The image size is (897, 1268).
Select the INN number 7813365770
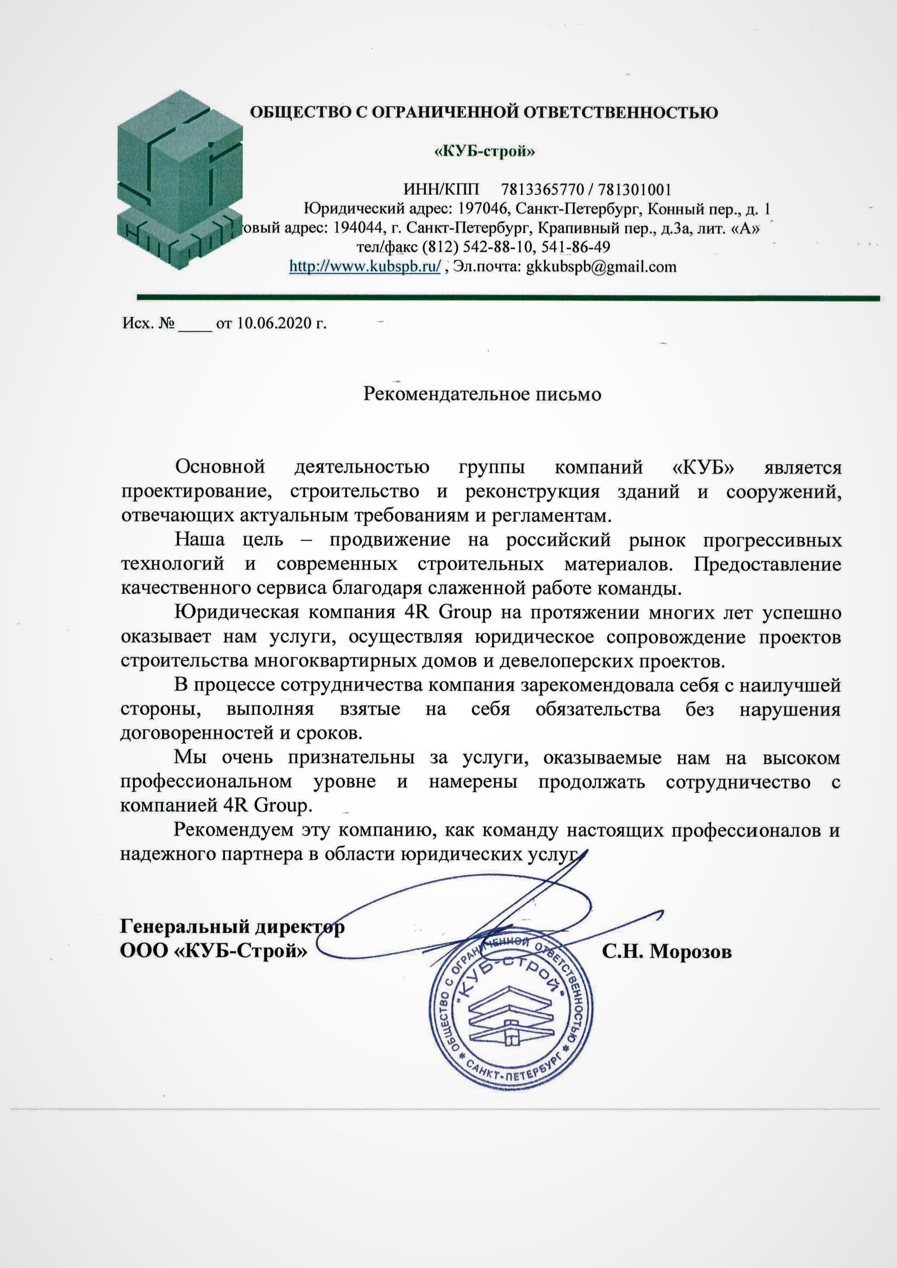coord(542,190)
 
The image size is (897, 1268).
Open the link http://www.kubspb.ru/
coord(365,267)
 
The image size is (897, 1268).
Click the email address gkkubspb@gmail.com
coord(601,267)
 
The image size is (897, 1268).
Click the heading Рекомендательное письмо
coord(482,394)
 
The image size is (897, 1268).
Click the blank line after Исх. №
coord(195,325)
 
